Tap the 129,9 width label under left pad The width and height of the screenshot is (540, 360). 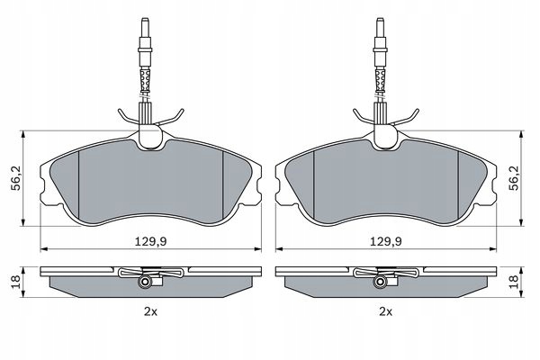tap(151, 241)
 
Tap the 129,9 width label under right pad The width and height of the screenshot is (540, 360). tap(384, 241)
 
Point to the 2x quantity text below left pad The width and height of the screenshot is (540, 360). tap(151, 311)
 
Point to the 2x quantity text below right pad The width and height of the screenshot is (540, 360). tap(385, 311)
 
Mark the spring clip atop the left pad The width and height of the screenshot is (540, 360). tap(150, 118)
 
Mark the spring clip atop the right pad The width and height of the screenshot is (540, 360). tap(384, 118)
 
